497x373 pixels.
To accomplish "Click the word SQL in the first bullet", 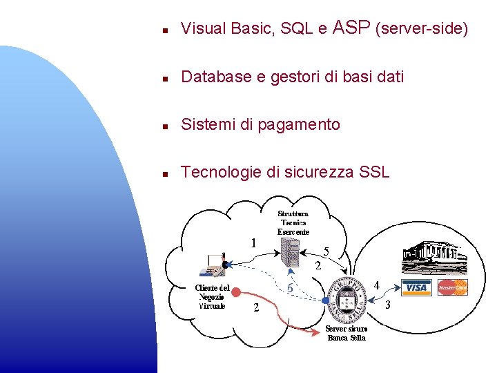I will tap(297, 29).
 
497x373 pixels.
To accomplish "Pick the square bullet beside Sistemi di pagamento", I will tap(165, 126).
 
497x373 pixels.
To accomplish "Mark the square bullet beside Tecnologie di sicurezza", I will tap(165, 174).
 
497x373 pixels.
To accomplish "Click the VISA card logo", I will tap(416, 287).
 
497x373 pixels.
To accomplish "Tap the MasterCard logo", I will tap(453, 287).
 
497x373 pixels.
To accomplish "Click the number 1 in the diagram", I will tap(255, 243).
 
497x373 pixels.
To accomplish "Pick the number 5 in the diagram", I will tap(326, 252).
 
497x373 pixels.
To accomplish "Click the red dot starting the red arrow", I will tap(237, 292).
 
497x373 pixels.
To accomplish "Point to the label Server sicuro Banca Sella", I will tap(346, 334).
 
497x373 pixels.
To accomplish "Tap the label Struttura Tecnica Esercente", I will tap(293, 223).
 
